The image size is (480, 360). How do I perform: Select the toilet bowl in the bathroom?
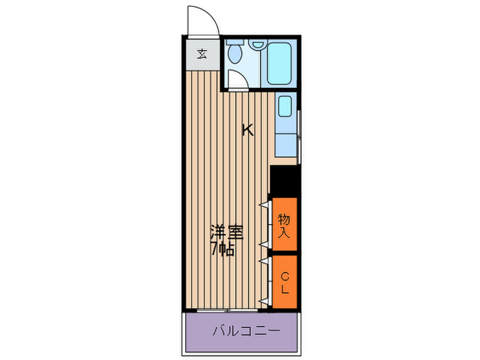235,53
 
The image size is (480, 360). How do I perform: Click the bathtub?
280,62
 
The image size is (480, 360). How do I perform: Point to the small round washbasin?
258,45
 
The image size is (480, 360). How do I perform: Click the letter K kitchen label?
247,130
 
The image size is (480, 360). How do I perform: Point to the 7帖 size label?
223,250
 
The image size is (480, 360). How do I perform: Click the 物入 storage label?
284,226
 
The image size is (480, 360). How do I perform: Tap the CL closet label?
284,282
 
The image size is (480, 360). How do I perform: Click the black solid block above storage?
284,181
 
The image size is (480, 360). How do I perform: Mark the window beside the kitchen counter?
300,134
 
